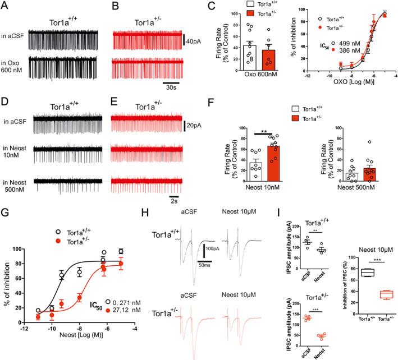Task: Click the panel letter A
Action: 6,5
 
